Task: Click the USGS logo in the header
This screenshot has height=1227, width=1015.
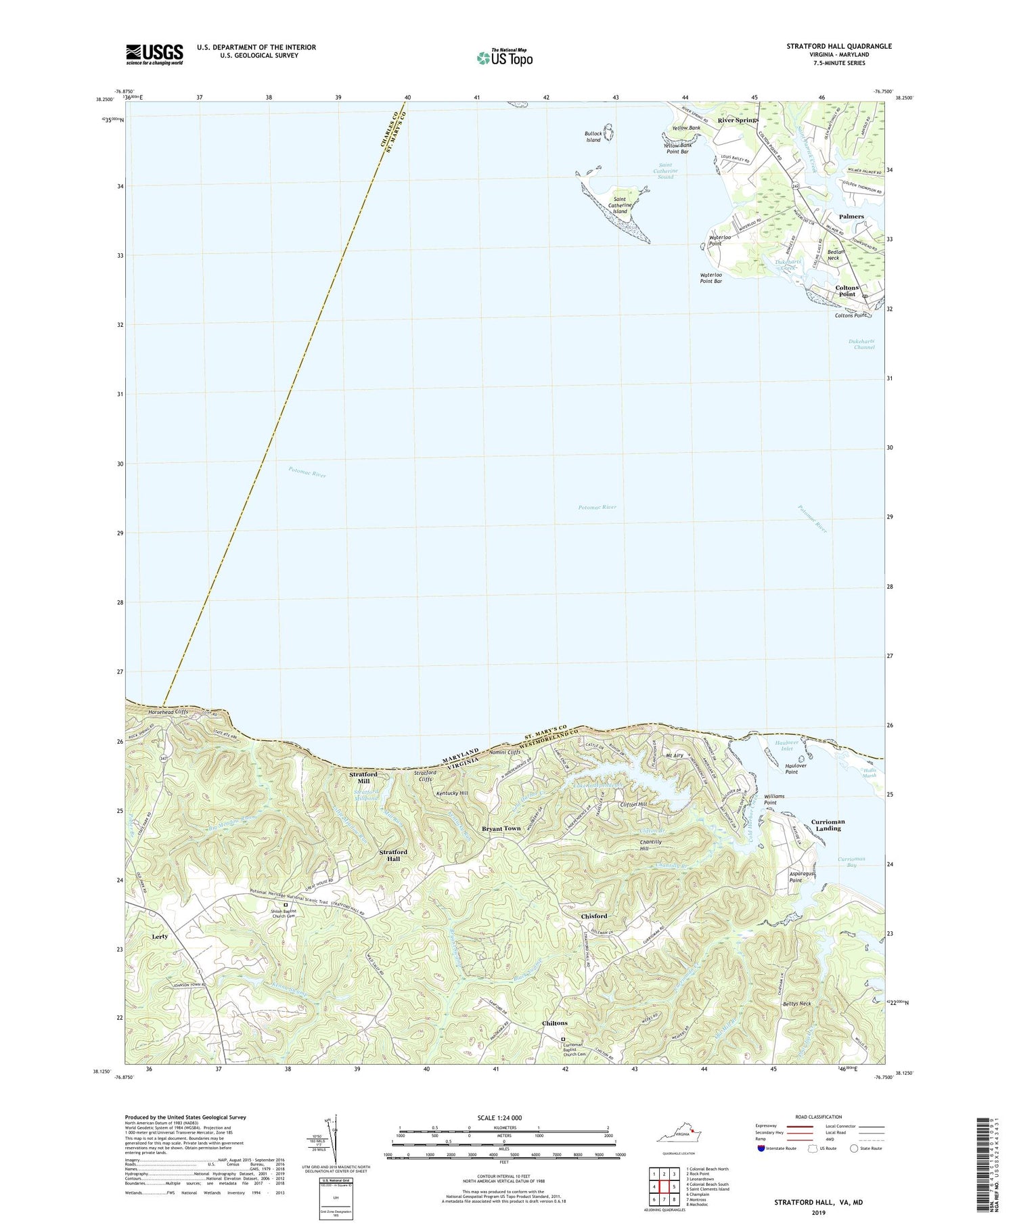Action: click(x=154, y=54)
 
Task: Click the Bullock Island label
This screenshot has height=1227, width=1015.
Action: click(x=593, y=137)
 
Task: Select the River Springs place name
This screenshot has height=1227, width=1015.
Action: click(x=738, y=120)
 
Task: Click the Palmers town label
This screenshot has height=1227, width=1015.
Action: click(x=851, y=217)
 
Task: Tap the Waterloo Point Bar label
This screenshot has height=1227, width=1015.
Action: click(x=711, y=278)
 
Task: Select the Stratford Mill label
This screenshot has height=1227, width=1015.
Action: click(x=363, y=778)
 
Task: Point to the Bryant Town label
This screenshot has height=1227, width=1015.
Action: click(x=501, y=828)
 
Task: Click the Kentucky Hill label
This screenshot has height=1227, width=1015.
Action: click(x=452, y=793)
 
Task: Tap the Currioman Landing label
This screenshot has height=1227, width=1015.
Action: click(x=828, y=825)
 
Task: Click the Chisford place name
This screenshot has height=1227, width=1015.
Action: click(x=594, y=916)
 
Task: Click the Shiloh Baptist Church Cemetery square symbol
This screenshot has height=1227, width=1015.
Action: click(x=286, y=904)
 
